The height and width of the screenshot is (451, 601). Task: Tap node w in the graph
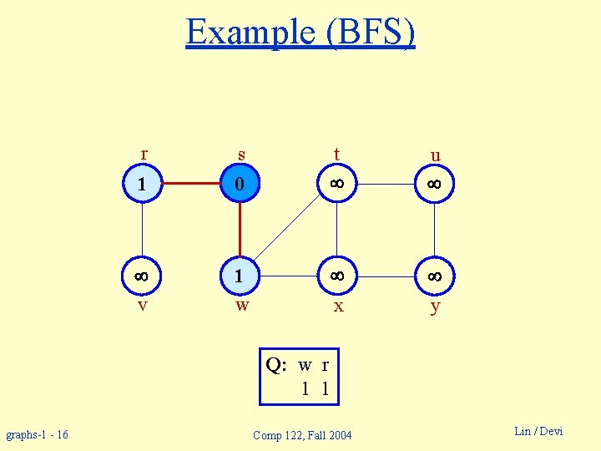[240, 275]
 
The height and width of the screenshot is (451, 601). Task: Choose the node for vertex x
[337, 275]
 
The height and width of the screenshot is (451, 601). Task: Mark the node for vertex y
[435, 275]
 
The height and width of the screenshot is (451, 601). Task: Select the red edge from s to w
[240, 229]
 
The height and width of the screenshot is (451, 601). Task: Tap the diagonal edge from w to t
[288, 230]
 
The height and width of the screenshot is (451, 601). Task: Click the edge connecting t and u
[386, 183]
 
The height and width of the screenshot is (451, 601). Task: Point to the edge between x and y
[386, 275]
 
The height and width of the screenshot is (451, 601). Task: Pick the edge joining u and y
[435, 229]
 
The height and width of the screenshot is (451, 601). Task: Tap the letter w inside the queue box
[306, 365]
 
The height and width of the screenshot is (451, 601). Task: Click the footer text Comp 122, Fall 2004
[302, 435]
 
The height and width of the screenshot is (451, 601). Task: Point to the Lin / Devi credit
[538, 431]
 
